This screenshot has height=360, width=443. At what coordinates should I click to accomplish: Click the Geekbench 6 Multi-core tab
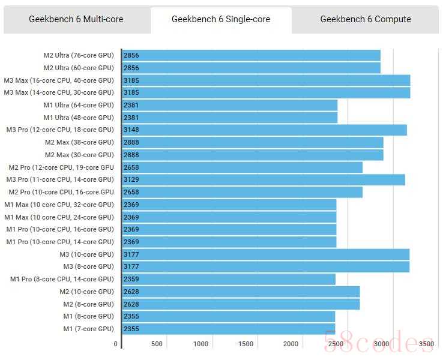coord(76,19)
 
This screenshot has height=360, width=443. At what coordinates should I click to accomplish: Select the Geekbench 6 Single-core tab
coord(221,19)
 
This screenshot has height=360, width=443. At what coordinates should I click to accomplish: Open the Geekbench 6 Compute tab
coord(366,19)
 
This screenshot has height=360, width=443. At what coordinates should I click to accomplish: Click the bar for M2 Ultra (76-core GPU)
coord(251,55)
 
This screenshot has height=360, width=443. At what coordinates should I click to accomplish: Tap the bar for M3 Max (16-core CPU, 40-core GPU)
coord(266,80)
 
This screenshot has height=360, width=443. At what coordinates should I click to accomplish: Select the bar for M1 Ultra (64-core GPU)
coord(229,105)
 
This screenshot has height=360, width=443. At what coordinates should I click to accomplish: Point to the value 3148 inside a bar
coord(131,130)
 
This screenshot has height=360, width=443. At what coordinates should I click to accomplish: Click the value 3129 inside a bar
coord(131,179)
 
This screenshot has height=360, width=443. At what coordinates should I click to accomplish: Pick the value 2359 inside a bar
coord(131,279)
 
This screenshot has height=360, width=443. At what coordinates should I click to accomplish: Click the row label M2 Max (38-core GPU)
coord(79,142)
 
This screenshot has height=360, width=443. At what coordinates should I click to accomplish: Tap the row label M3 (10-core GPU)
coord(88,254)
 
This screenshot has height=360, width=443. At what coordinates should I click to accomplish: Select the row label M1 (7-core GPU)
coord(88,329)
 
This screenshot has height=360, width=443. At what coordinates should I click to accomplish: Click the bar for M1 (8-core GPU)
coord(229,316)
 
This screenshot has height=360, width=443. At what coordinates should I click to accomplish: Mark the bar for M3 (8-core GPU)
coord(265,266)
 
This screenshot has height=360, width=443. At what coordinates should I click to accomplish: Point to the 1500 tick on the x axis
coord(246,344)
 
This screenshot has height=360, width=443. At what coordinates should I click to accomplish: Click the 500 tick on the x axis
coord(157,344)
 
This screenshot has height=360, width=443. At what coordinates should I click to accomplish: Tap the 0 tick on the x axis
coord(116,344)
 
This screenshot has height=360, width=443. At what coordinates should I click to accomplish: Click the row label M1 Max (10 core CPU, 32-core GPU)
coord(59,205)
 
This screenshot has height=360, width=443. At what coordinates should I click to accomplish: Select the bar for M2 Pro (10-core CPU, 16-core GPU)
coord(242,192)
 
